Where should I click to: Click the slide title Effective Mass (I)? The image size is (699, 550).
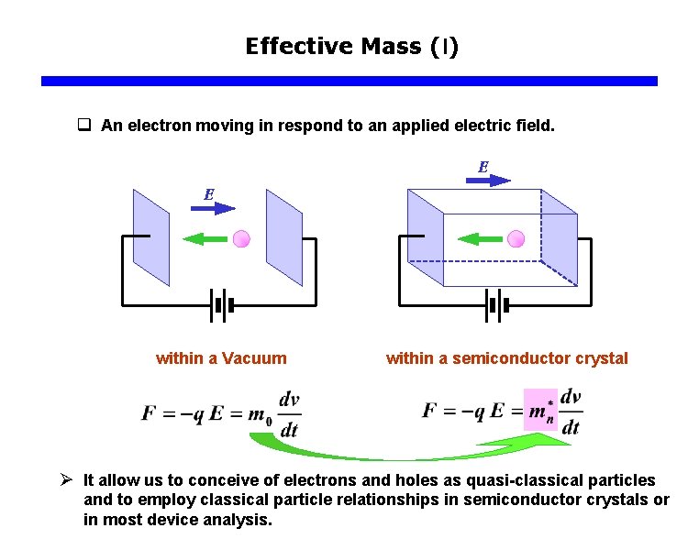[351, 46]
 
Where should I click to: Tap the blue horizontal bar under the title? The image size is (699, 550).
[349, 81]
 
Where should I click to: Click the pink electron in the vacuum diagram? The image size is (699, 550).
[241, 239]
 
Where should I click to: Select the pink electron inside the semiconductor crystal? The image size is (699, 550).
[516, 239]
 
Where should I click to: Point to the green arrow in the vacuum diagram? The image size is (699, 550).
[205, 239]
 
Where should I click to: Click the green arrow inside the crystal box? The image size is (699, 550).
[479, 239]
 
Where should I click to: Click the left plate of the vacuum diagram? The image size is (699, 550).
[151, 237]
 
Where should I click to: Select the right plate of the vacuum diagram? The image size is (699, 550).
[283, 237]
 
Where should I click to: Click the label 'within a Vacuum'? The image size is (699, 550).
[221, 358]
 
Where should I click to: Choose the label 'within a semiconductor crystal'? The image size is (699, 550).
[506, 358]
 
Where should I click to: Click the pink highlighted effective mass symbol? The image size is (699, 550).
[540, 410]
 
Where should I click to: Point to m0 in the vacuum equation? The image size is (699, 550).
[261, 415]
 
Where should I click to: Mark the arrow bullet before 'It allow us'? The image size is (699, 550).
[65, 479]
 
